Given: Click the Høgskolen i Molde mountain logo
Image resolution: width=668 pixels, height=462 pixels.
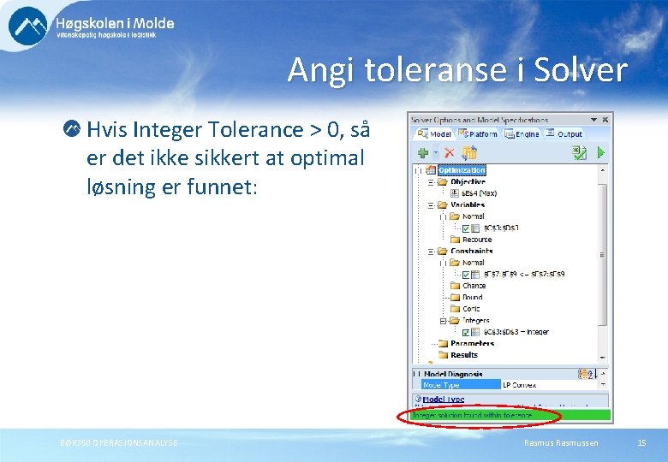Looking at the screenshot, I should tap(28, 26).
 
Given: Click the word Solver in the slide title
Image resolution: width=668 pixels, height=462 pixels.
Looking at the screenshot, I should tap(580, 70).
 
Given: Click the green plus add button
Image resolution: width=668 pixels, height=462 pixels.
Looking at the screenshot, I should tap(422, 152).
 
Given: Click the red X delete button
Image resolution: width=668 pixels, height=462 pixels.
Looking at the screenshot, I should tap(449, 152).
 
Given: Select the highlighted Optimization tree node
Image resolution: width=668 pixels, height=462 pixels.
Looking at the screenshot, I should tap(462, 170).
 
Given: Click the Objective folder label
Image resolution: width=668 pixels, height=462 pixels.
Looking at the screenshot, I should tap(468, 182).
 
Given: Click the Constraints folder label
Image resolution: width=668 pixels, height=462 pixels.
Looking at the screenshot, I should tap(472, 252).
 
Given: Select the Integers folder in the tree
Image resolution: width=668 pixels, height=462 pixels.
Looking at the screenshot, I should tap(475, 321).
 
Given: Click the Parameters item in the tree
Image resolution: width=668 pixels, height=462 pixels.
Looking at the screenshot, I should tap(472, 344).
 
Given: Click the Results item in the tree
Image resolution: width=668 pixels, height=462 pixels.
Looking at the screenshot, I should tap(464, 355).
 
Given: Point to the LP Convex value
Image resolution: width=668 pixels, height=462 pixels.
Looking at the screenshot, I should tap(519, 385).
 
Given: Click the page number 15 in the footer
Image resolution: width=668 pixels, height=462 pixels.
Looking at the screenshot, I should tap(641, 442).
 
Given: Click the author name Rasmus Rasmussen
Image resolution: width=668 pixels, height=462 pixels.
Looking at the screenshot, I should tap(561, 442).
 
